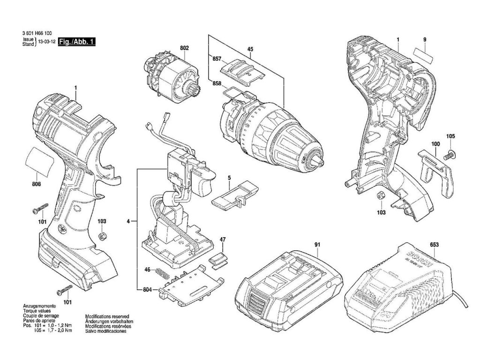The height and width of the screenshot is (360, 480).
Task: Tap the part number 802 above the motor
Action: (184, 48)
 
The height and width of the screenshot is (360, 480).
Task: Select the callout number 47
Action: (223, 240)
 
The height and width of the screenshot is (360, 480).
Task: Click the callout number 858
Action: (217, 83)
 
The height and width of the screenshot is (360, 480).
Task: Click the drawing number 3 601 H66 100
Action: (37, 33)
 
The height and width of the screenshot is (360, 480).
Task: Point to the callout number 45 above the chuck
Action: (250, 49)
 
